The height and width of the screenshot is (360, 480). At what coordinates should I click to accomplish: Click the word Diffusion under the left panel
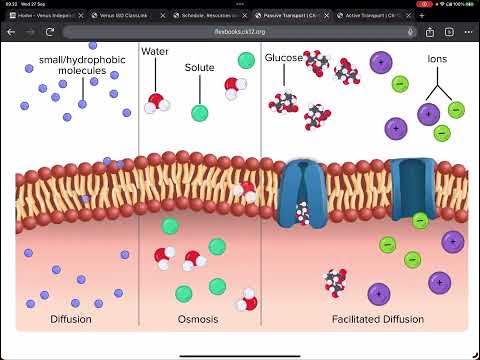[70, 319]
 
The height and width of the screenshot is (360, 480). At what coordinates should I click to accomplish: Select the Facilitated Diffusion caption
[377, 319]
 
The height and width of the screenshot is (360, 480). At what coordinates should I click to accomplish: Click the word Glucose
[284, 58]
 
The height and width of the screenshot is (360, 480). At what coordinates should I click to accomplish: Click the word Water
[155, 51]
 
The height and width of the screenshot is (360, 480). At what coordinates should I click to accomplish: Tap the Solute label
[199, 68]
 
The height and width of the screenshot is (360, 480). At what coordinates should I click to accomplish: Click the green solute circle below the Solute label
[199, 113]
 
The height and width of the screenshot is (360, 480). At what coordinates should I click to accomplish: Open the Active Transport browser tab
[365, 16]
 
